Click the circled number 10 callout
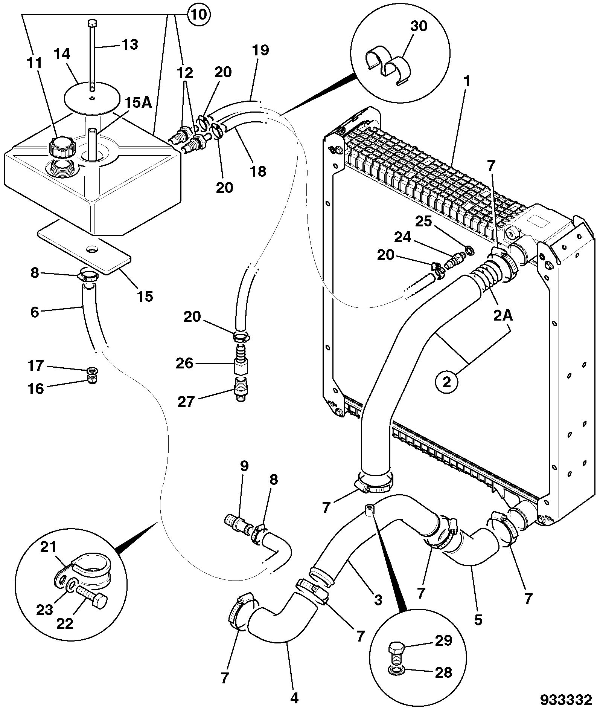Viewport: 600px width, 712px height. click(x=199, y=15)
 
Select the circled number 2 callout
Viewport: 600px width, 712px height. click(x=447, y=382)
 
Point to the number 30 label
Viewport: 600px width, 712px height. click(x=419, y=26)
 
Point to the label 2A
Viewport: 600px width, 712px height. click(x=503, y=316)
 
